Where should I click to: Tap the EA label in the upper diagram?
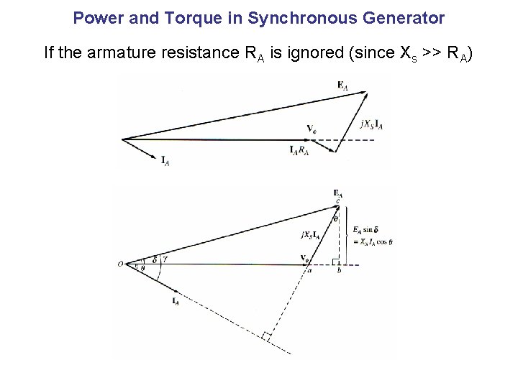342,85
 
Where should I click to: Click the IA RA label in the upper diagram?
299,150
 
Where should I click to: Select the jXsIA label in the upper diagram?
371,124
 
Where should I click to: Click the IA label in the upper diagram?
165,160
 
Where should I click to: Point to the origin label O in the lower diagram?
120,264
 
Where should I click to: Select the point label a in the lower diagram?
310,271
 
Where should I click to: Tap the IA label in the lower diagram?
176,302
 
